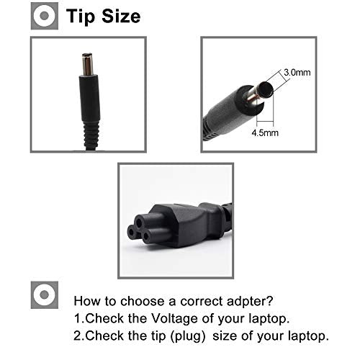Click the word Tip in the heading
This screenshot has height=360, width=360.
coord(80,17)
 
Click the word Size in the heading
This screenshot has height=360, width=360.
coord(121,16)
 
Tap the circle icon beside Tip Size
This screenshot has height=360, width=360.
coord(45,16)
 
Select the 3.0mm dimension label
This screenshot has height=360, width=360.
coord(297,72)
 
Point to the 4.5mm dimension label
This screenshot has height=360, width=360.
coord(265,132)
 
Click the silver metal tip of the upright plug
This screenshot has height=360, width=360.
coord(87,64)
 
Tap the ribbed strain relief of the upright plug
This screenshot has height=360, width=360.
coord(91,135)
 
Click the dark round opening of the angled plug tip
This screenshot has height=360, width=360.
coord(266,89)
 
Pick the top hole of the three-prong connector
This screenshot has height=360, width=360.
coord(139,222)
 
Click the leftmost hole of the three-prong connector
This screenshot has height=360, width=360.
coord(131,233)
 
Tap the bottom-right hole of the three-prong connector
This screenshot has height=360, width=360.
coord(145,236)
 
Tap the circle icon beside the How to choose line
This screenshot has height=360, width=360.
coord(45,295)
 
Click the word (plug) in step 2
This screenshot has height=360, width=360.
coord(188,336)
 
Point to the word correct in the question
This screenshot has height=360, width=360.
coord(202,302)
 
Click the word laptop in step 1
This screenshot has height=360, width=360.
coord(269,319)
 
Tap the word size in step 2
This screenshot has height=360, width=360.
coord(225,336)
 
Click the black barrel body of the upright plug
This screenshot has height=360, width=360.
coord(89,99)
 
